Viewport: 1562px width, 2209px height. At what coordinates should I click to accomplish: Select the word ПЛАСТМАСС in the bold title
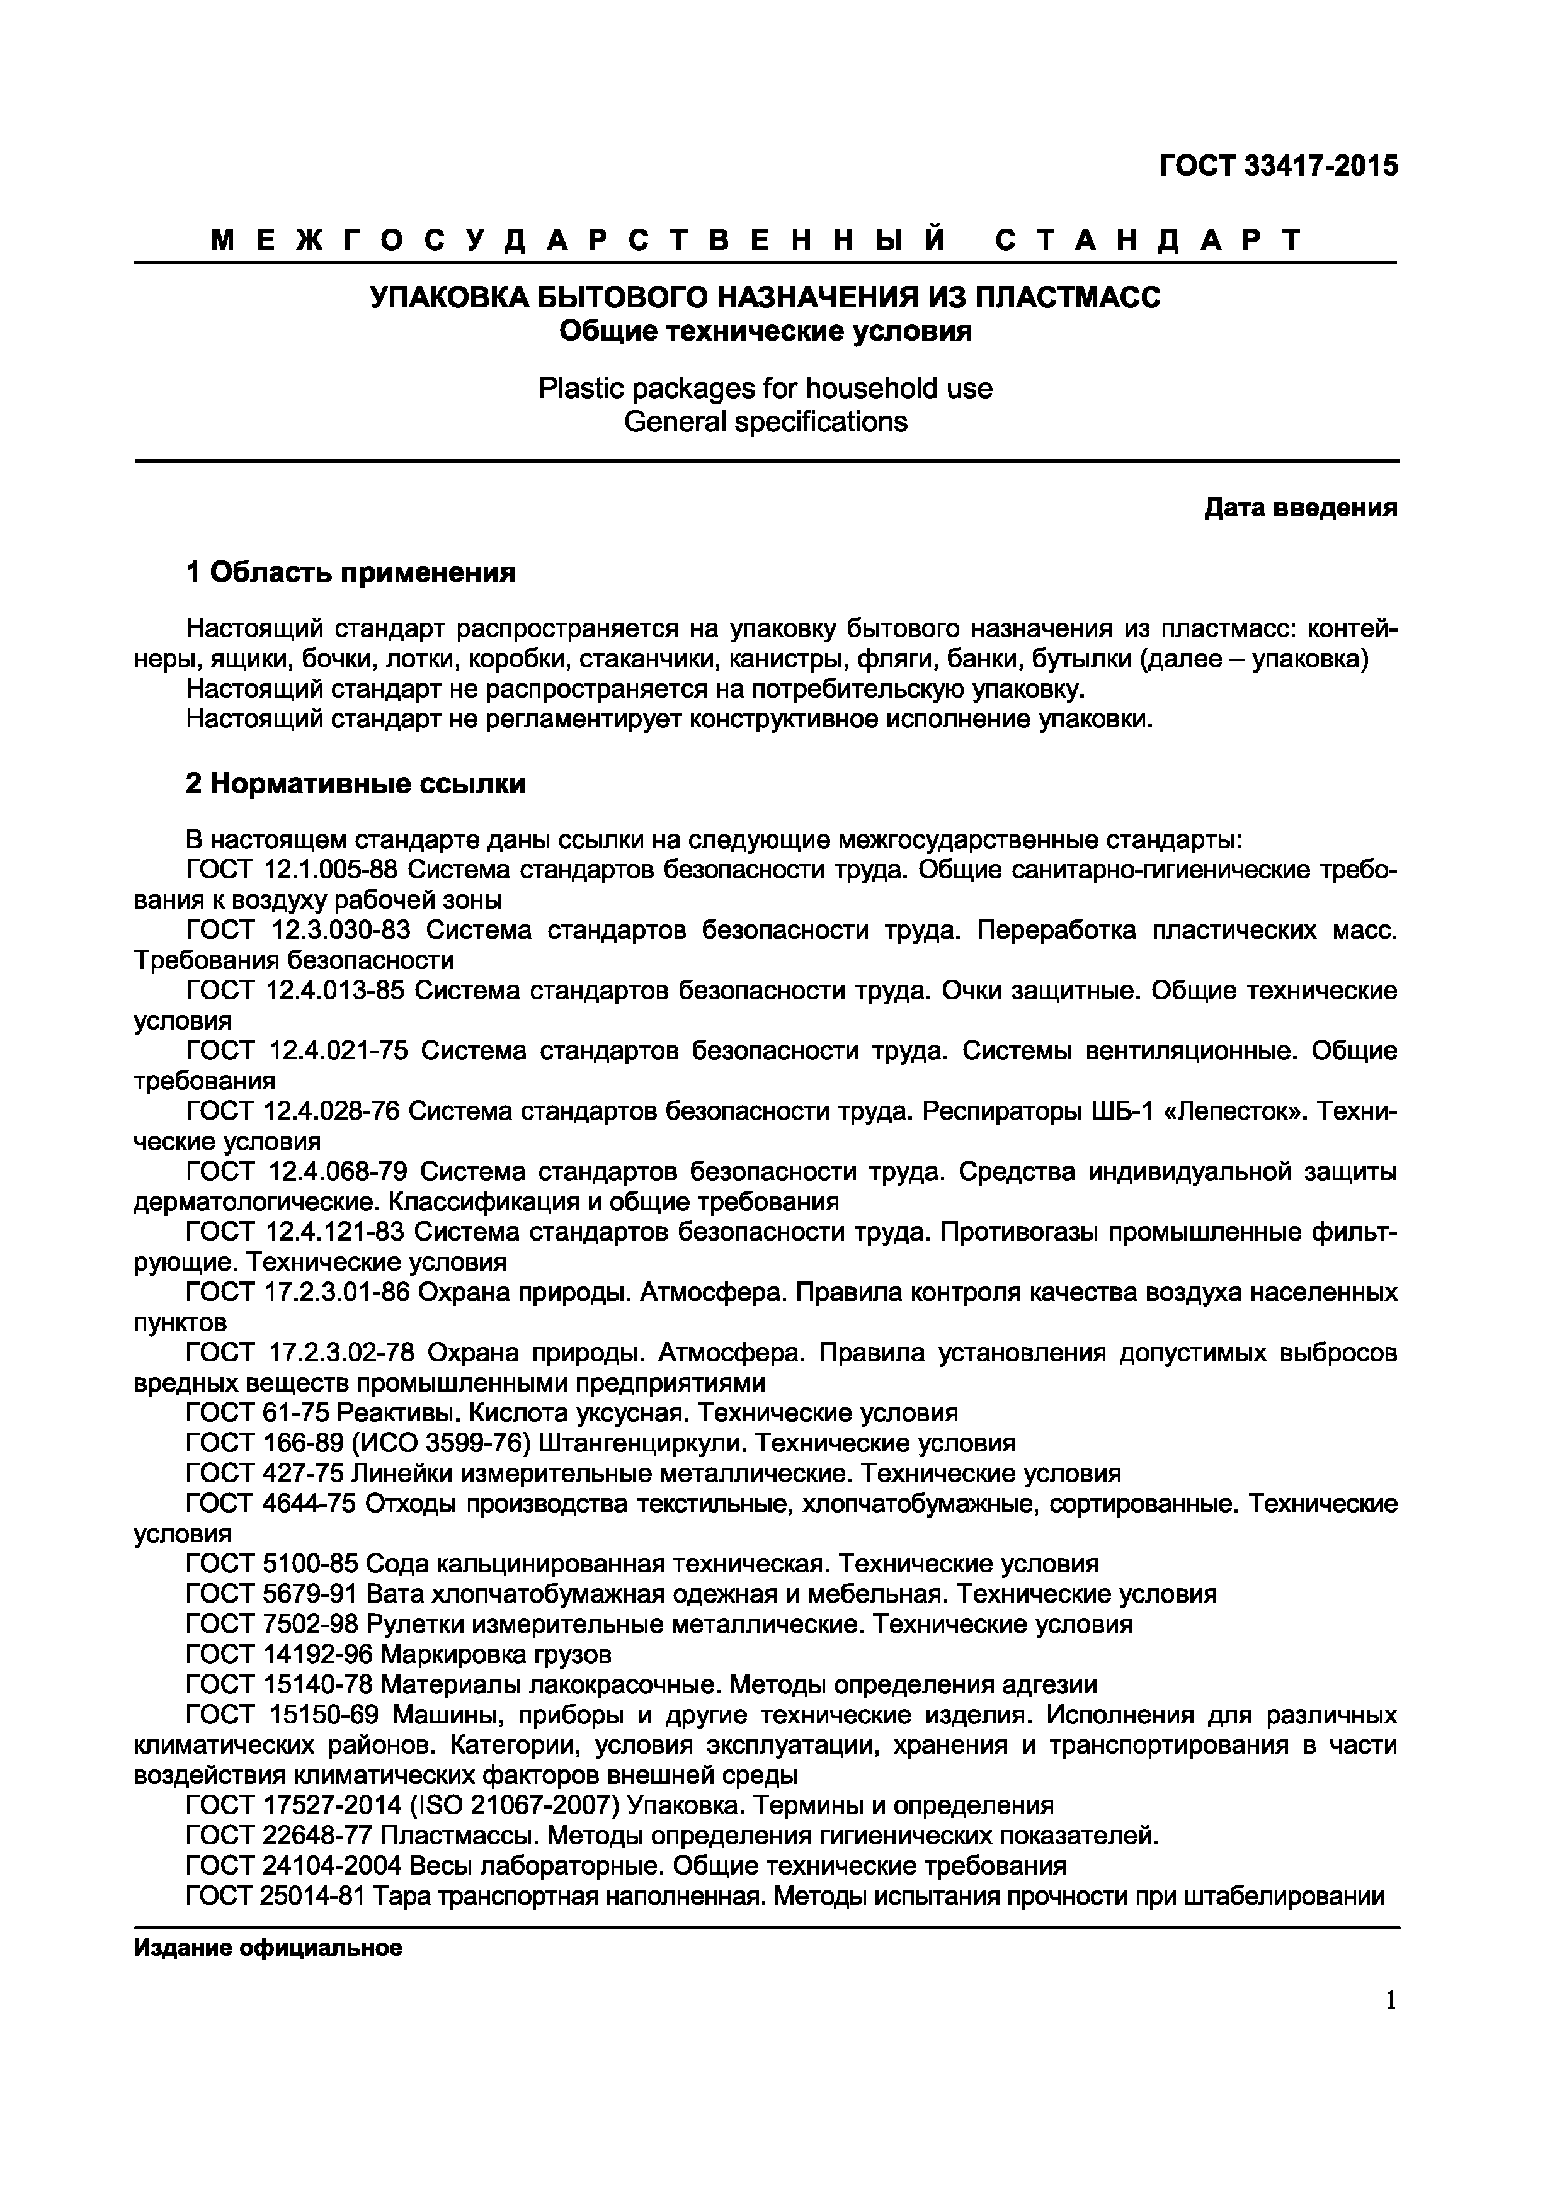click(1068, 297)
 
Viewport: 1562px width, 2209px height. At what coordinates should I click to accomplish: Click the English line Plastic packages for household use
click(765, 388)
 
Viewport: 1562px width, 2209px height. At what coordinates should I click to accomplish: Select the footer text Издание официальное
click(268, 1948)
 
